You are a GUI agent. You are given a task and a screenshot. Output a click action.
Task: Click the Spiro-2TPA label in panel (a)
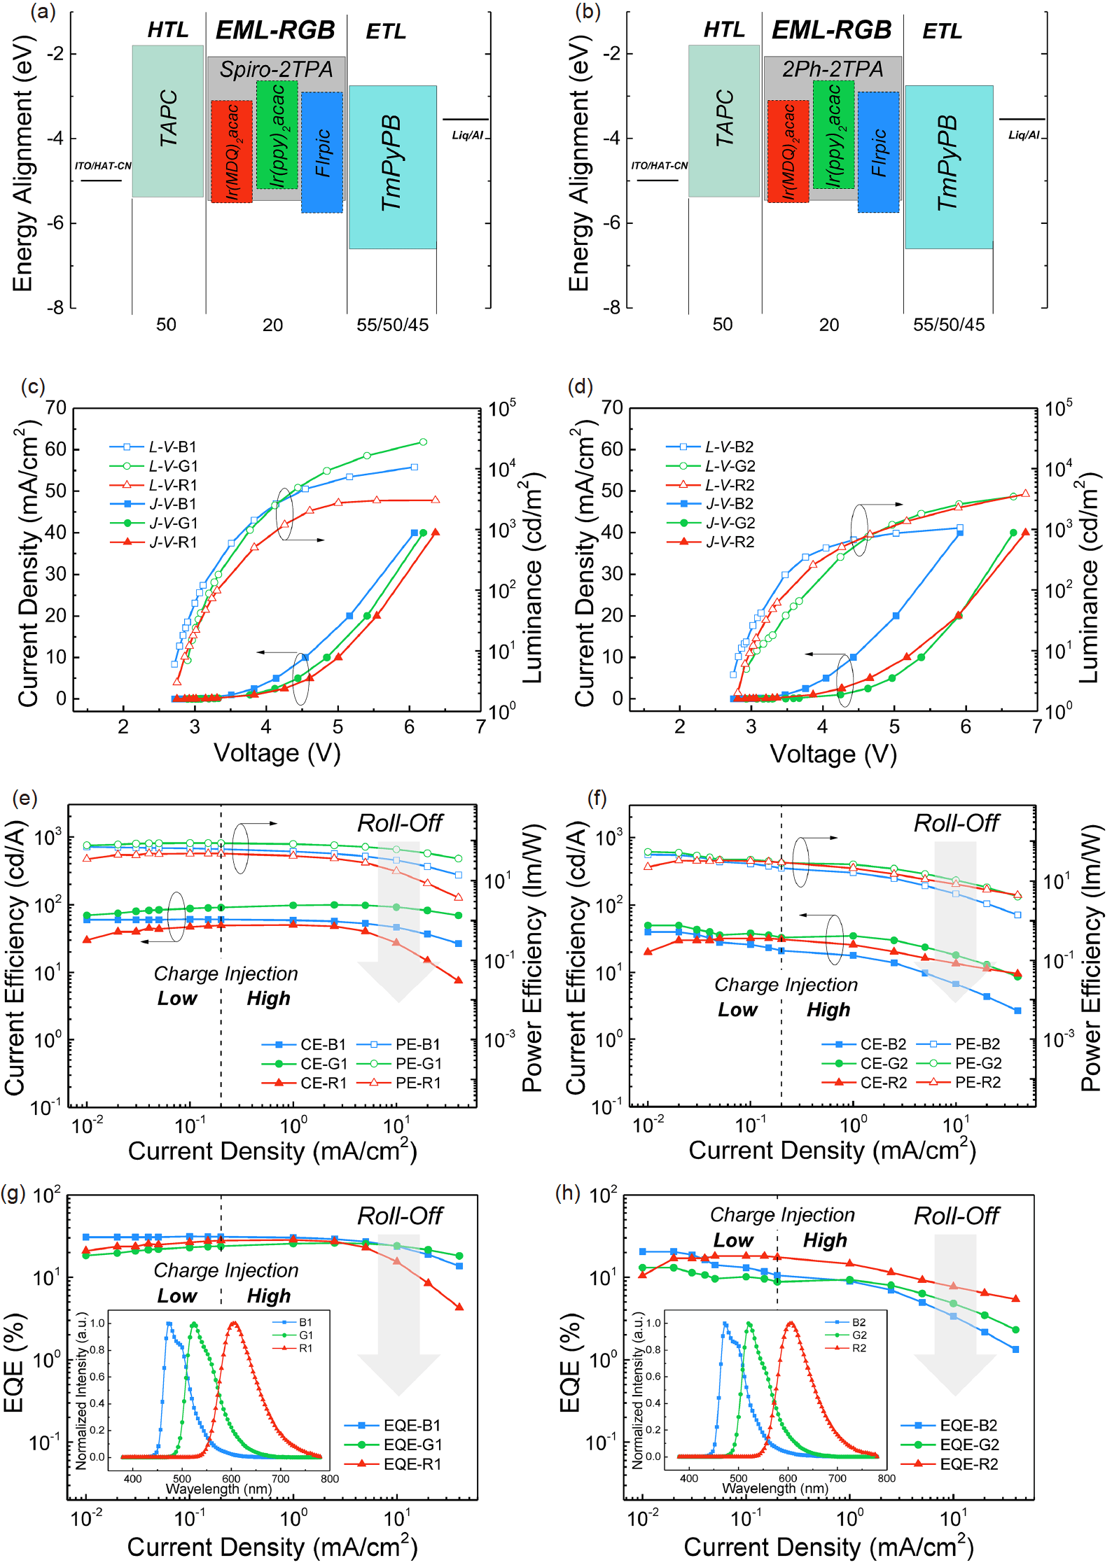tap(276, 69)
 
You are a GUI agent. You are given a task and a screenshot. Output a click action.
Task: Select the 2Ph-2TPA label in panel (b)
tap(833, 69)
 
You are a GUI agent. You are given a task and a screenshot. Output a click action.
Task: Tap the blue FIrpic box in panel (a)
tap(322, 153)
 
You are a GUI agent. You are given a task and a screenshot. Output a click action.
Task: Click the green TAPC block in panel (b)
tap(723, 120)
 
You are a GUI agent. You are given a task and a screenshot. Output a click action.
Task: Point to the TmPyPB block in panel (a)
tap(392, 167)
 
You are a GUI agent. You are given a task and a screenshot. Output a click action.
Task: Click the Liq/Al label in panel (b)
tap(1023, 135)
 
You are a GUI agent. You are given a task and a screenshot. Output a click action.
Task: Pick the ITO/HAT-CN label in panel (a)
tap(103, 166)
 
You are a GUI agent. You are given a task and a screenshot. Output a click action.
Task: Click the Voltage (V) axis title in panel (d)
tap(833, 754)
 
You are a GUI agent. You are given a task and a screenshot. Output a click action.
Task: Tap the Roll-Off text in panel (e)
tap(400, 823)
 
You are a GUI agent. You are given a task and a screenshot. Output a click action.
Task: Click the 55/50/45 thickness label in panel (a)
tap(392, 325)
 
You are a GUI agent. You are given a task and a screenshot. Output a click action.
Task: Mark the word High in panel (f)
tap(828, 1009)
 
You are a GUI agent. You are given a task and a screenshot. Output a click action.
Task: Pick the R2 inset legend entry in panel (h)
tap(859, 1348)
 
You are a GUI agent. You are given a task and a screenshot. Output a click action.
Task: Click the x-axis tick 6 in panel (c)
tap(409, 727)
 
